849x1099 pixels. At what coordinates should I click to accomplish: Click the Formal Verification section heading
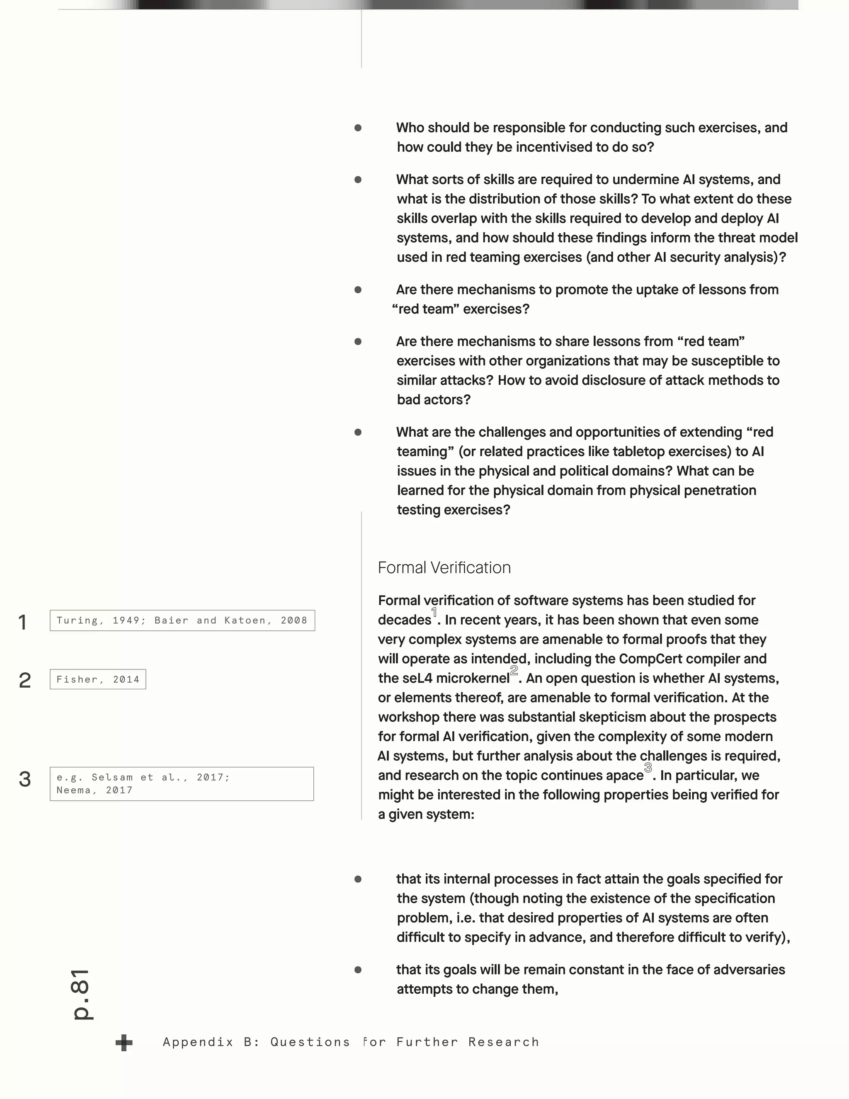click(x=444, y=568)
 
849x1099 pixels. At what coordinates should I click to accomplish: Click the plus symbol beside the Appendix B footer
click(x=124, y=1043)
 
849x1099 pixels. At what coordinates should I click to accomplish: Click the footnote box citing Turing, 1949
click(x=182, y=620)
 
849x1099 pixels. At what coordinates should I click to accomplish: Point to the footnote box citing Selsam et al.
click(x=182, y=783)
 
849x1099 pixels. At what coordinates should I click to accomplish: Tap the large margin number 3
click(x=24, y=780)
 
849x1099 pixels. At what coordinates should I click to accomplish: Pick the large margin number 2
click(x=24, y=680)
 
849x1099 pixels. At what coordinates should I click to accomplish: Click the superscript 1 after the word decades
click(x=434, y=613)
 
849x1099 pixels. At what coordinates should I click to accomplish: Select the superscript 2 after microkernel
click(x=514, y=671)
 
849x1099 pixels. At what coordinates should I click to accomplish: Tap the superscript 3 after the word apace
click(x=648, y=768)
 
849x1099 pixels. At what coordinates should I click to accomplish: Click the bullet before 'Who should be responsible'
click(x=358, y=128)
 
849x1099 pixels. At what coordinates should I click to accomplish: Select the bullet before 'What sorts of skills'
click(x=358, y=180)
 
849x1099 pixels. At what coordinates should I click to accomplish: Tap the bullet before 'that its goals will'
click(x=358, y=970)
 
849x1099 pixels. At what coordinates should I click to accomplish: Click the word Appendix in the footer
click(x=198, y=1042)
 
